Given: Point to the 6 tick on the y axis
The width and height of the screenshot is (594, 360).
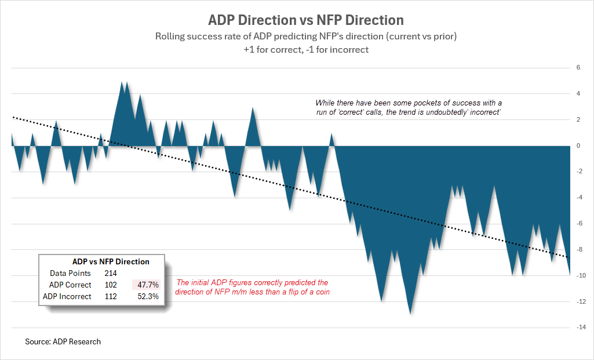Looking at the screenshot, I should coord(577,68).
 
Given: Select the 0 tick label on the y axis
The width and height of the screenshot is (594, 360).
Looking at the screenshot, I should coord(577,146).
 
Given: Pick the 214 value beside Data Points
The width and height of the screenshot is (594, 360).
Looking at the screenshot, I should coord(111,273).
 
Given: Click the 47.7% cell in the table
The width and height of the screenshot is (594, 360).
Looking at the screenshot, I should coord(148,285).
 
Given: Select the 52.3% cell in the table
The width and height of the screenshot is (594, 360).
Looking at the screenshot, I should coord(148,296).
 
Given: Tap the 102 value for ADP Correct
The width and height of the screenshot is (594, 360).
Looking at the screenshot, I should coord(111,285).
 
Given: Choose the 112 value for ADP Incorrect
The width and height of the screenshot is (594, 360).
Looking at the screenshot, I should coord(111,296).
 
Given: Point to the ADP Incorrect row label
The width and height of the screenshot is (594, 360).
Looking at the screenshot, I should coord(67,296).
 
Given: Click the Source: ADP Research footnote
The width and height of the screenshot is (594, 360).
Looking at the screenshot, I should coord(63,341).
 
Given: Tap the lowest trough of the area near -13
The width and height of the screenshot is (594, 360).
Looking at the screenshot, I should coord(410,312).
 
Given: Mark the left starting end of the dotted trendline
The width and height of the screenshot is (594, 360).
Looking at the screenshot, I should coord(13,117).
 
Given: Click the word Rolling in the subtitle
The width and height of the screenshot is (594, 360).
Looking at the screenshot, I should coord(169,37).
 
